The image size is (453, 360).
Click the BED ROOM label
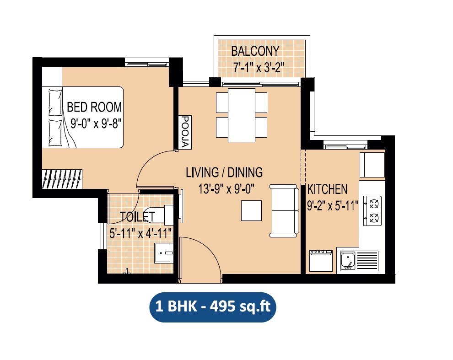(x=94, y=107)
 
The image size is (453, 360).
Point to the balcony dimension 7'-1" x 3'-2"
(x=258, y=67)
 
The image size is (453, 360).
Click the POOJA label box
(x=185, y=132)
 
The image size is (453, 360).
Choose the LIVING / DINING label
(x=224, y=172)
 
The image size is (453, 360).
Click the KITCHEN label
(x=327, y=189)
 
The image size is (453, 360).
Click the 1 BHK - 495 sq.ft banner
(x=213, y=307)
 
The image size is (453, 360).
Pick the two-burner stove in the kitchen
(x=372, y=210)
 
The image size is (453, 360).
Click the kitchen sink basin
(x=348, y=261)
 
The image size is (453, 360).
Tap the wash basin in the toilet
(x=163, y=253)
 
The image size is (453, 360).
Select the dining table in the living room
(x=242, y=115)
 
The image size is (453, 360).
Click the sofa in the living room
(x=284, y=211)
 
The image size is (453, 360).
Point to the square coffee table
(x=252, y=211)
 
